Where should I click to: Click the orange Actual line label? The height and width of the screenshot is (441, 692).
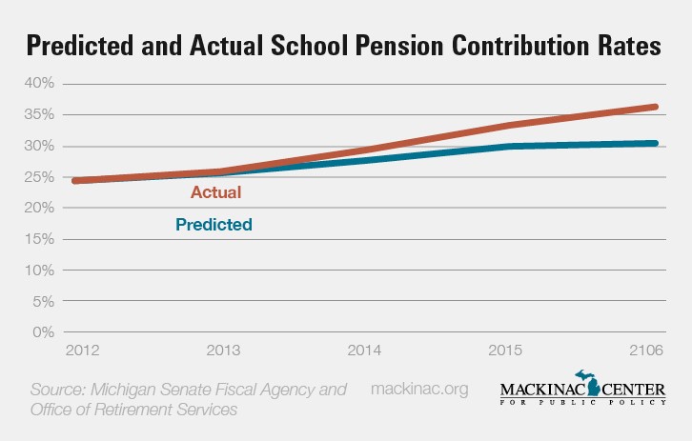[x=215, y=192]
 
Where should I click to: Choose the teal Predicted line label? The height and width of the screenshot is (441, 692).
[x=214, y=226]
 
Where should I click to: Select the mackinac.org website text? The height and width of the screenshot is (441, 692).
[x=419, y=390]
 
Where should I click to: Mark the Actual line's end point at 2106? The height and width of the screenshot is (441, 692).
[x=656, y=107]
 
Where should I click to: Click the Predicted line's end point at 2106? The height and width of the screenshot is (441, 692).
[x=656, y=143]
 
